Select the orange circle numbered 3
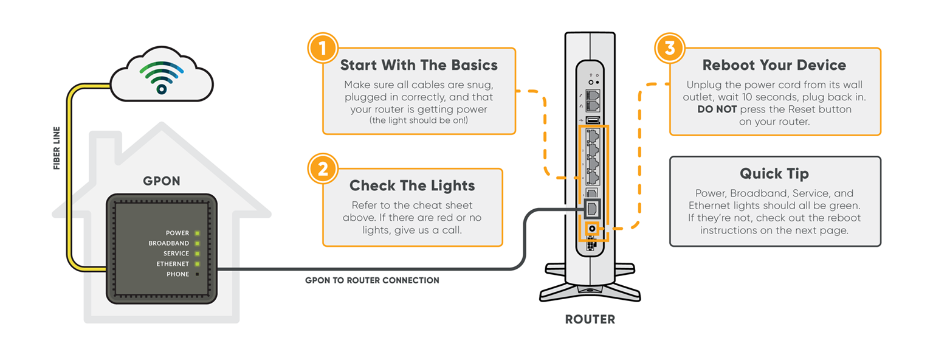pos(669,48)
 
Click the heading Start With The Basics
pos(419,65)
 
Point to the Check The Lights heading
pos(412,185)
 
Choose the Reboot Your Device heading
pos(774,65)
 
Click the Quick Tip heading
pos(774,173)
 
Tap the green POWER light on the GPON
pos(196,233)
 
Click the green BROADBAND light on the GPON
pos(196,243)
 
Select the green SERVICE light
pos(196,254)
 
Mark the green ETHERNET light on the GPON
pos(196,264)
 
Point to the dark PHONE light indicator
pos(196,274)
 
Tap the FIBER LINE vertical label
pos(57,148)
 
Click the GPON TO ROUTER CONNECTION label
pos(372,280)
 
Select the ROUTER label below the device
pos(590,319)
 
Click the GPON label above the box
pos(161,181)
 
